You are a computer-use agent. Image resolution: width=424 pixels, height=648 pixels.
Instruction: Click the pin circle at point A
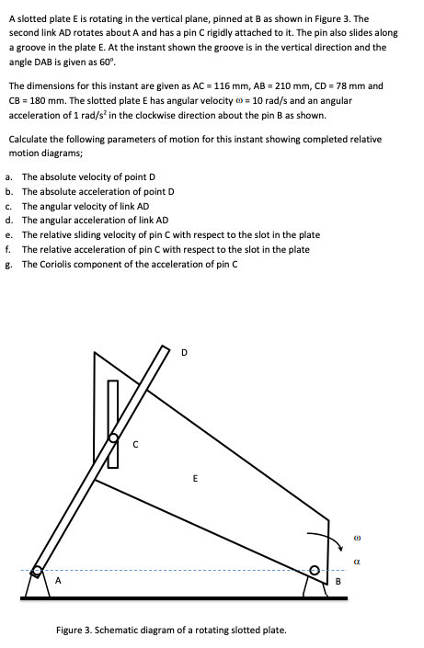click(x=38, y=571)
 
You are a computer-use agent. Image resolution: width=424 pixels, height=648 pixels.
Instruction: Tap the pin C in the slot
click(x=115, y=439)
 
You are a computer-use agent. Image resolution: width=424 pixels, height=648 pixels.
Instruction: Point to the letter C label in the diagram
click(x=135, y=448)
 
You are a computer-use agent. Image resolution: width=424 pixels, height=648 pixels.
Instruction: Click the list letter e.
click(x=8, y=234)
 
